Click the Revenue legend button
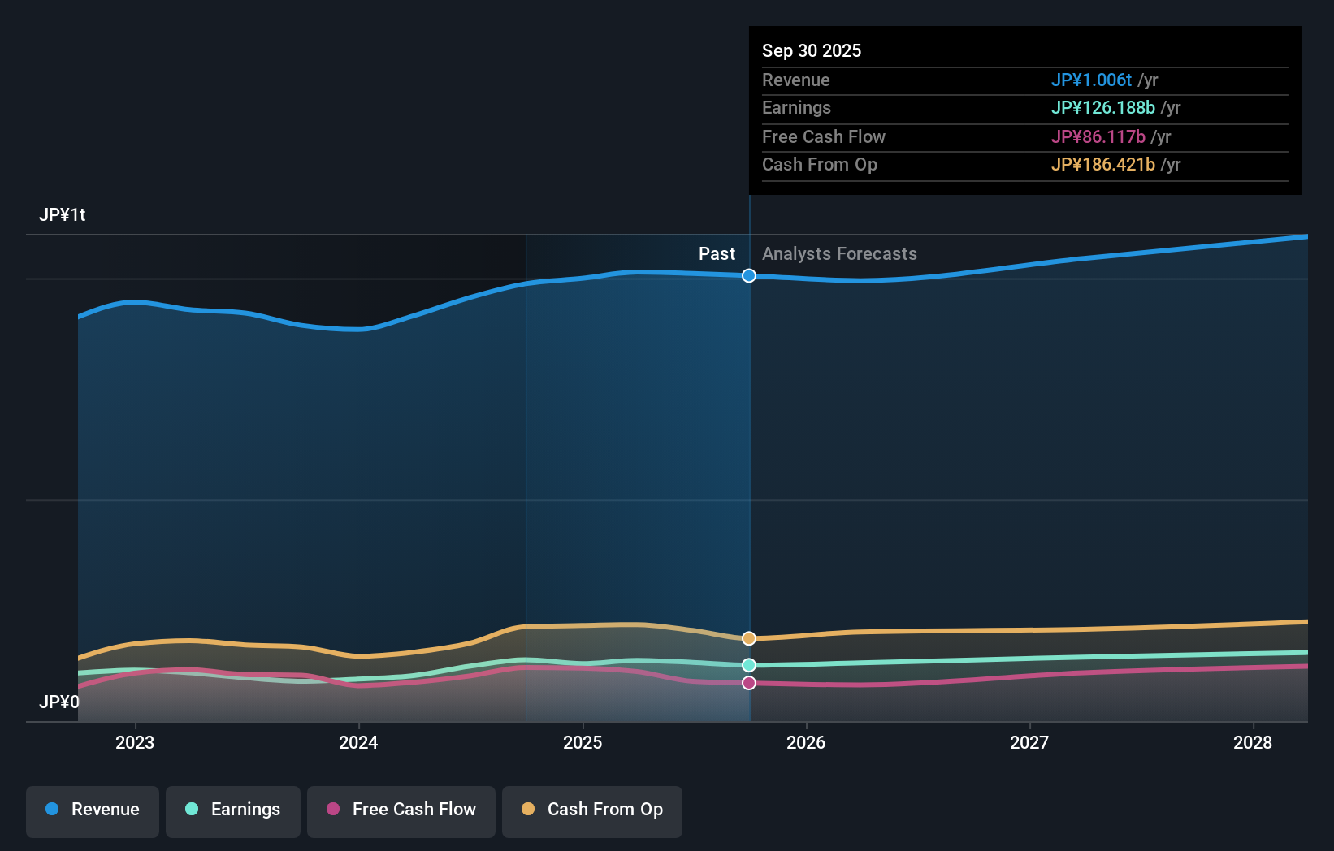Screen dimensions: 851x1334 point(93,810)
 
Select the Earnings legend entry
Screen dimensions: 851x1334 point(233,810)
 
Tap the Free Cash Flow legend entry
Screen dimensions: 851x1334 point(401,810)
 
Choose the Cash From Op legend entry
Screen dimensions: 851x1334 point(592,810)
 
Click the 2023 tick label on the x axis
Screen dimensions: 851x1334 point(135,743)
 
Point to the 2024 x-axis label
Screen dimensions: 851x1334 point(358,743)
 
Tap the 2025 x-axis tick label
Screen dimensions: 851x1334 point(583,743)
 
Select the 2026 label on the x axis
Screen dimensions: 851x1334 point(806,743)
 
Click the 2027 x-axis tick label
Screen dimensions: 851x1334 point(1029,743)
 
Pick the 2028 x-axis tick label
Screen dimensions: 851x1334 point(1253,743)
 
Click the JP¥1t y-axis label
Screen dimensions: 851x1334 point(63,215)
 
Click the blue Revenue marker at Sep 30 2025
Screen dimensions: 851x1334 point(749,276)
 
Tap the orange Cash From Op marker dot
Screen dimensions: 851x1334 point(749,638)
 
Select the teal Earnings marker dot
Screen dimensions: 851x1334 point(749,665)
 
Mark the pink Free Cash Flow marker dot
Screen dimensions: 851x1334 point(749,683)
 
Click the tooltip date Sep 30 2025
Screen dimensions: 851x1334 point(812,51)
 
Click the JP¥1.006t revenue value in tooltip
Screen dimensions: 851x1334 point(1091,80)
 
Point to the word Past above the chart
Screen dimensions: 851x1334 point(717,254)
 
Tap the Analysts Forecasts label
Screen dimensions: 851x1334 point(839,254)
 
